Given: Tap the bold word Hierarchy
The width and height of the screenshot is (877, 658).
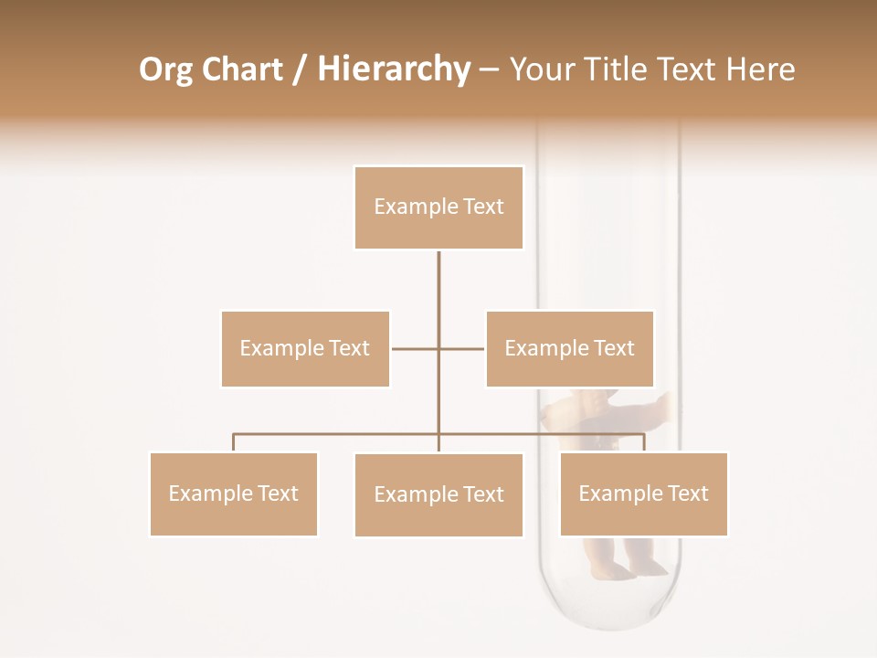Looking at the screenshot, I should (394, 69).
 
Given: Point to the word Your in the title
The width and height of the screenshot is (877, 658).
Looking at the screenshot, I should (539, 69).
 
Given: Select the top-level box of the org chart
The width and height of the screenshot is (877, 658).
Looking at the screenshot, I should (438, 207).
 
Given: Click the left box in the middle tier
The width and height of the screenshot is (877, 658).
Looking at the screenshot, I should (305, 348).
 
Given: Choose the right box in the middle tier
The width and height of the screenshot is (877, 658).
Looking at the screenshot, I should (569, 348).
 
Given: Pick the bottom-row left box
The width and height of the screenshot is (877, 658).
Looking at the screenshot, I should (233, 493).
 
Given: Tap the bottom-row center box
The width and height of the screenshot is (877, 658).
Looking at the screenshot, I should (438, 494).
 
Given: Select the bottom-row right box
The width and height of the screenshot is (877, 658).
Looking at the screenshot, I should (643, 493).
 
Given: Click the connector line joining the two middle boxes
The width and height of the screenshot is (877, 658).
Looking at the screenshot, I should (416, 348).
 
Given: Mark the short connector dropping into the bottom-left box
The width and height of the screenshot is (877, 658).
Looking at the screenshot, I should (233, 442).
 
